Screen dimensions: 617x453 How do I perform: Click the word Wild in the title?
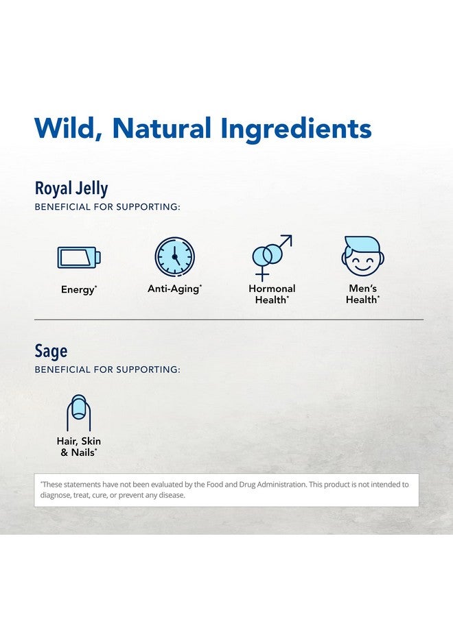point(67,128)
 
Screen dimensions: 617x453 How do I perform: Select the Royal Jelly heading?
point(71,189)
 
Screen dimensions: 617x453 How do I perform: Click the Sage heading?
point(51,351)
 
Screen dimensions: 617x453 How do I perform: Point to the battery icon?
point(78,257)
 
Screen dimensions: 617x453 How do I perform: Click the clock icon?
point(174,257)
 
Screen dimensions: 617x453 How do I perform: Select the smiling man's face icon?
point(362,256)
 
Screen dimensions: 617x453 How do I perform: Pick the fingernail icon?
point(78,413)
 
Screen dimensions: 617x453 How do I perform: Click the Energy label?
point(78,290)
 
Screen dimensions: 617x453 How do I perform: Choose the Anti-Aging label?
point(174,289)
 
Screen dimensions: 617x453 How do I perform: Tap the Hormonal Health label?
point(272,294)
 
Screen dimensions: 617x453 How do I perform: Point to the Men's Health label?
point(362,294)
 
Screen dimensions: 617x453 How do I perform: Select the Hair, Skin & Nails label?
point(78,447)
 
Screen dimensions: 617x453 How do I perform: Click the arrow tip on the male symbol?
point(288,239)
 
